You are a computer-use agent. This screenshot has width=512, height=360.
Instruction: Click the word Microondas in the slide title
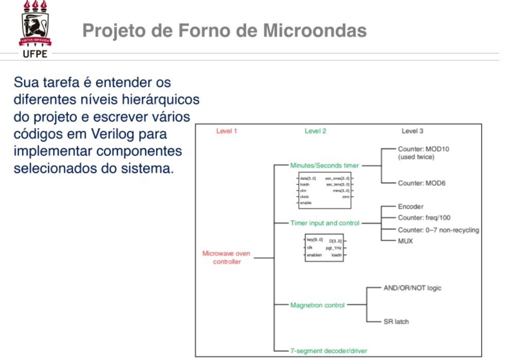pyautogui.click(x=315, y=31)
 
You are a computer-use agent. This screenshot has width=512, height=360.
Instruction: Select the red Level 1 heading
pyautogui.click(x=227, y=131)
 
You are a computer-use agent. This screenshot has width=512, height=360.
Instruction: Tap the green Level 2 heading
pyautogui.click(x=315, y=131)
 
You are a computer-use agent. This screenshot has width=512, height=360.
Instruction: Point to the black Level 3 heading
pyautogui.click(x=413, y=131)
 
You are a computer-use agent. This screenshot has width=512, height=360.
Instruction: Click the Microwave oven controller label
pyautogui.click(x=227, y=258)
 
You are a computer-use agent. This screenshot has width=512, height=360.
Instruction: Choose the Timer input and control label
pyautogui.click(x=325, y=223)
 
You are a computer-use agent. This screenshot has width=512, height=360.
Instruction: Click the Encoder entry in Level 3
pyautogui.click(x=411, y=207)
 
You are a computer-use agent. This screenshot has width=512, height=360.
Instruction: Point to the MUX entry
pyautogui.click(x=405, y=241)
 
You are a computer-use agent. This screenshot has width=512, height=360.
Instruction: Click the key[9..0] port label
pyautogui.click(x=315, y=239)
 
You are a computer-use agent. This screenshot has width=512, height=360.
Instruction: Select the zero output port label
pyautogui.click(x=345, y=197)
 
